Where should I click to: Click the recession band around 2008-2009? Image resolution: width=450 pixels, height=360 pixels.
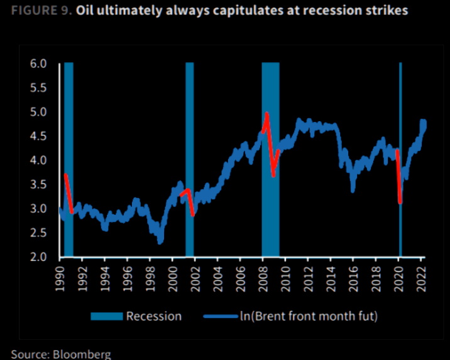coord(271,188)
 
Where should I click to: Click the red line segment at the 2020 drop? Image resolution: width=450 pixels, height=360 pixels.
coord(399,179)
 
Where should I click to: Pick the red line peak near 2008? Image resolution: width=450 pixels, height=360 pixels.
coord(267,114)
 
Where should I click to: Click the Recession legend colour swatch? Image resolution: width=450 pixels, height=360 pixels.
coord(107,317)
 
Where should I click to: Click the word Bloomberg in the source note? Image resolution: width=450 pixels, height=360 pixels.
coord(84,354)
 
